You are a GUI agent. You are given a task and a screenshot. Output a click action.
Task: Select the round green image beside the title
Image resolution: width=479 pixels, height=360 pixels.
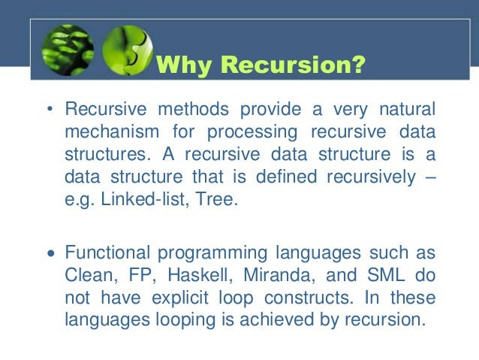(x=125, y=50)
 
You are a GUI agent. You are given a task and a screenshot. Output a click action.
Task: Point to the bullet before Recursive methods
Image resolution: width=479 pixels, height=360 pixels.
(x=50, y=110)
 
